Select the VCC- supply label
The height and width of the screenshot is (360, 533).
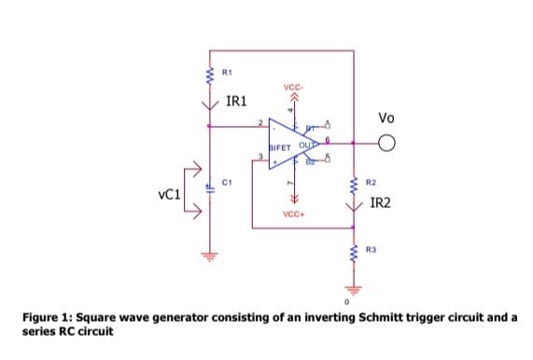(x=292, y=87)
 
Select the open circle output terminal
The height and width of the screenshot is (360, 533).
(x=387, y=144)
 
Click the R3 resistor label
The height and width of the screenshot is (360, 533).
(x=371, y=249)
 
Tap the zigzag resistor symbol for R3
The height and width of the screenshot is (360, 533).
(x=354, y=252)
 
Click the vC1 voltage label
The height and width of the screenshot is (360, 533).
(x=170, y=196)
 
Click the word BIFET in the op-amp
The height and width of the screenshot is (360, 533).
(x=281, y=147)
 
